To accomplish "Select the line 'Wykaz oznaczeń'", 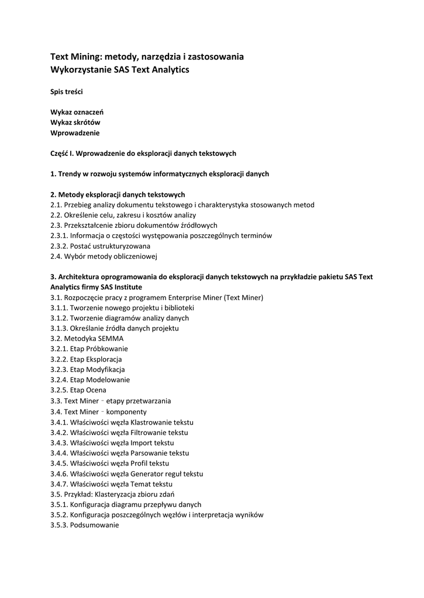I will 77,112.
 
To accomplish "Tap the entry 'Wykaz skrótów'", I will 75,122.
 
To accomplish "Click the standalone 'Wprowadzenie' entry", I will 75,133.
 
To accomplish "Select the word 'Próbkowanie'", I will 107,349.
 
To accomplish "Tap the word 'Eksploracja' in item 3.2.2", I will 105,359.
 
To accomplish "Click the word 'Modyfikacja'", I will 105,370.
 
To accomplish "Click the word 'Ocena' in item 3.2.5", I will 96,390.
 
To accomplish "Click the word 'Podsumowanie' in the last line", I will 94,525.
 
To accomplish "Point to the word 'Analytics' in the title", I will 168,69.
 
